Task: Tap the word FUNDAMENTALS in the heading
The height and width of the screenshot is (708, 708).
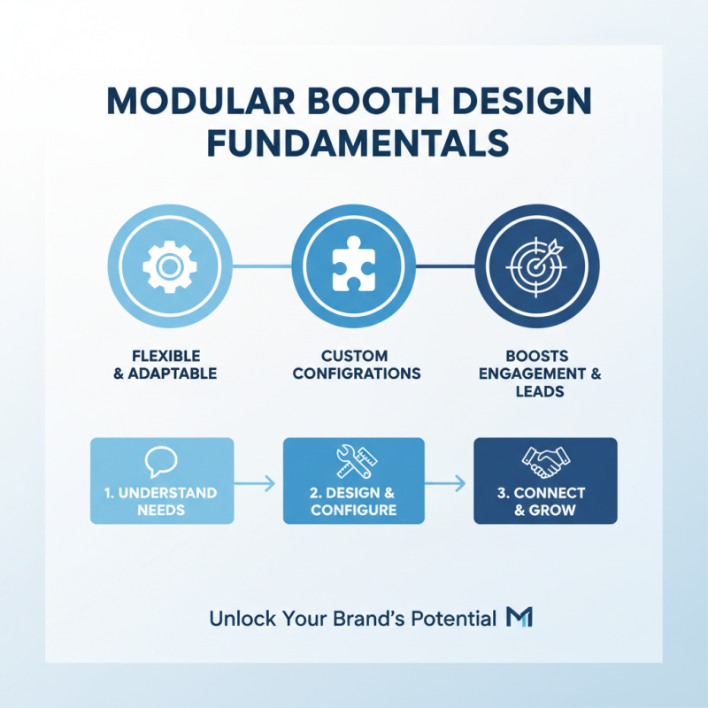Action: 354,143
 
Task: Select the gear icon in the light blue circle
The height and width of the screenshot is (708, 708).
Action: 169,266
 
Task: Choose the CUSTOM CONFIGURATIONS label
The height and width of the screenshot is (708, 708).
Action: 356,365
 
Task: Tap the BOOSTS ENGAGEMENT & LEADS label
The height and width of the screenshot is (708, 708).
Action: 540,373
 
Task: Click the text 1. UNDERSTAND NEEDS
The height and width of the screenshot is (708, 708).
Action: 162,501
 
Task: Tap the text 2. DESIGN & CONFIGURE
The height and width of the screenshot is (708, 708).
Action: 354,501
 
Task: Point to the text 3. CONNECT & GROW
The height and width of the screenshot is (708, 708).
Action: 546,501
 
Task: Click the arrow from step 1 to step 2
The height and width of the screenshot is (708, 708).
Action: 258,482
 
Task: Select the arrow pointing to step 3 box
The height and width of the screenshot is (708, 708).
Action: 449,482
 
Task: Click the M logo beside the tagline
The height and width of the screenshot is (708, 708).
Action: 519,618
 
